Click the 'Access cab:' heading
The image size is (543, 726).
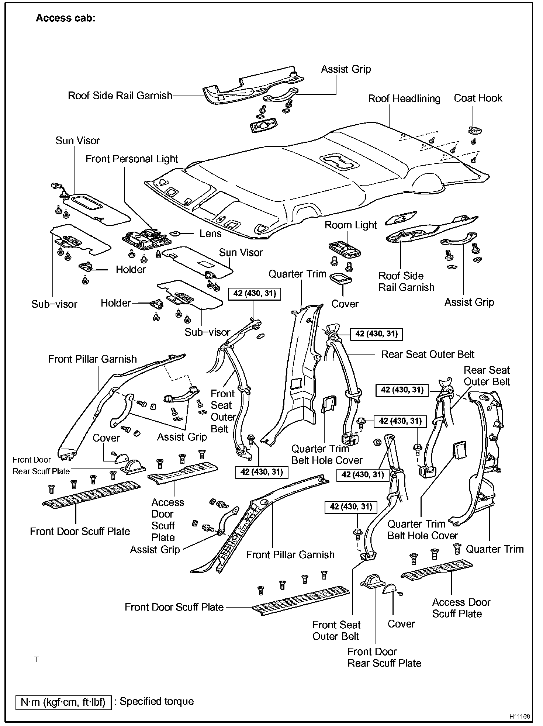[x=66, y=18]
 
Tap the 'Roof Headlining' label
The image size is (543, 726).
[x=404, y=99]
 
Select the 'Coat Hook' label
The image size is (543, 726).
[x=478, y=98]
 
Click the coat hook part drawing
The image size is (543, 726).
[x=476, y=130]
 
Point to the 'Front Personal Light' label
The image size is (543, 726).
[x=132, y=159]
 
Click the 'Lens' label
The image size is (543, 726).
[x=210, y=234]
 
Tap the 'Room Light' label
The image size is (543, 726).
[x=350, y=225]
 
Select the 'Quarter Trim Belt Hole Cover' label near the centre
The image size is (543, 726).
[x=327, y=454]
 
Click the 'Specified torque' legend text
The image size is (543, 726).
[x=157, y=701]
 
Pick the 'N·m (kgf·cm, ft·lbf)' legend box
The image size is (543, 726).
[x=63, y=702]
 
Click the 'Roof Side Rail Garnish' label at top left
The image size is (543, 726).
[x=120, y=96]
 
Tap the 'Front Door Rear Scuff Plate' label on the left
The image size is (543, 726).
[x=41, y=466]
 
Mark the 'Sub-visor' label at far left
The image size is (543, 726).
[x=54, y=304]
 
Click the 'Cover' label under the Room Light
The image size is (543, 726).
[x=345, y=304]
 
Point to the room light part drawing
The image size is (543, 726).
[x=344, y=249]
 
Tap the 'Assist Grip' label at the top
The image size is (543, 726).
[x=346, y=69]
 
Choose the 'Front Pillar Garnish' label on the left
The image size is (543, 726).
[x=93, y=359]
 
